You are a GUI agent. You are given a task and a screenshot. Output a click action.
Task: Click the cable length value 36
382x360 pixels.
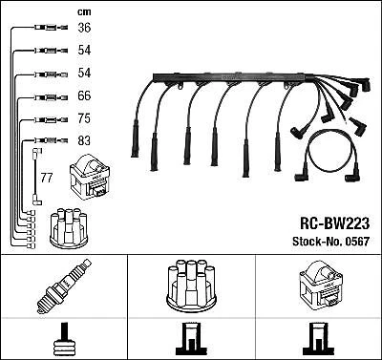(84, 28)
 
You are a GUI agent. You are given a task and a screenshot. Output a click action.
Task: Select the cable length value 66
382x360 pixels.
(84, 95)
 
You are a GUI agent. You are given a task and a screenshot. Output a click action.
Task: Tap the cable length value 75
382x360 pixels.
(84, 118)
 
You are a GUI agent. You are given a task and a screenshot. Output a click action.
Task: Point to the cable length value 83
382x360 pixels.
(84, 140)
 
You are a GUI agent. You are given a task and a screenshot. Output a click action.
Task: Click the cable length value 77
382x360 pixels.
(47, 177)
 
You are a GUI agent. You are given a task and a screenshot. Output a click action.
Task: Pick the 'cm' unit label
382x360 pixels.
(83, 11)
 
